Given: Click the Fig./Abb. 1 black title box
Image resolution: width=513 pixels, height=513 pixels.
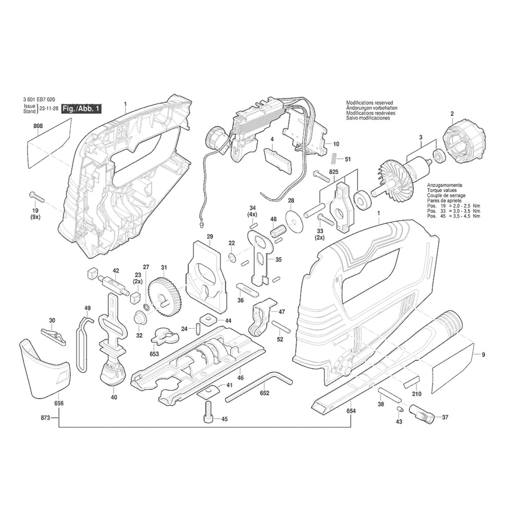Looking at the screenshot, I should click(81, 109).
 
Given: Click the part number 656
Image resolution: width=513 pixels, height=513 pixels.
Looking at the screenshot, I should click(59, 404).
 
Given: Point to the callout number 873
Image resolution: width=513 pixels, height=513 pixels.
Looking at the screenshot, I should click(45, 419).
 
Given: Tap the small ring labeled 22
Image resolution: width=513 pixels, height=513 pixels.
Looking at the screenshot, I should click(232, 256).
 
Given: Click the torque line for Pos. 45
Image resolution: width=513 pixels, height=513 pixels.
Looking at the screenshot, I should click(455, 216).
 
